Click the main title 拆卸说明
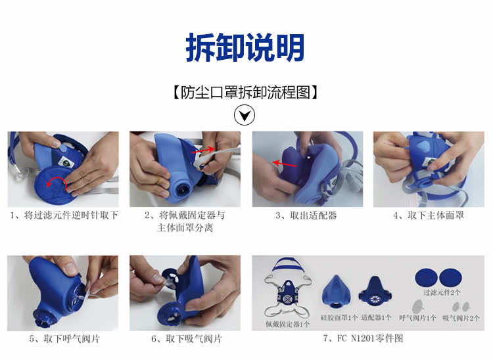click(245, 47)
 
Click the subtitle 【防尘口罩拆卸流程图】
click(245, 93)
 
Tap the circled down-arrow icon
click(245, 115)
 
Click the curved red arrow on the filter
click(57, 182)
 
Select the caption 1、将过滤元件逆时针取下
click(64, 215)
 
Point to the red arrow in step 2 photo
click(203, 150)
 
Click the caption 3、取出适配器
click(306, 215)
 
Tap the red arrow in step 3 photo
click(285, 163)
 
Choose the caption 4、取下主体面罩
click(429, 215)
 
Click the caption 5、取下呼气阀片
click(64, 338)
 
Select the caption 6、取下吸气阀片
click(187, 338)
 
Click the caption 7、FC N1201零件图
click(363, 338)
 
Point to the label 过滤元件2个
click(442, 292)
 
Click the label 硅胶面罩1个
click(339, 317)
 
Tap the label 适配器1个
click(376, 317)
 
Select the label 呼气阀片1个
click(417, 318)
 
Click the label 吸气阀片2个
click(461, 318)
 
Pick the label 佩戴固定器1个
click(287, 324)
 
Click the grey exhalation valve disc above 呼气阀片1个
click(417, 306)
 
